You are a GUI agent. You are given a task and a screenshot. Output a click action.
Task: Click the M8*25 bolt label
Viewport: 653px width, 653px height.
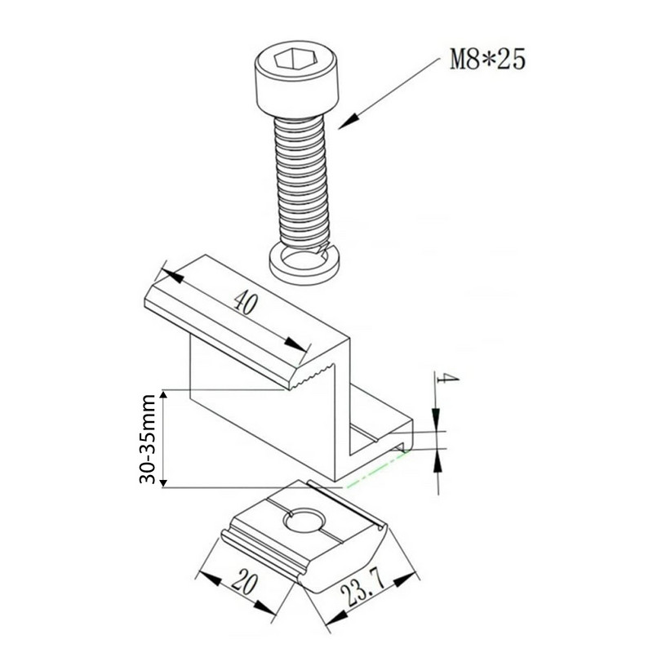[487, 60]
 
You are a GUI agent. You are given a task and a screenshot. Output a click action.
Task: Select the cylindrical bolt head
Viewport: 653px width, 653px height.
[297, 78]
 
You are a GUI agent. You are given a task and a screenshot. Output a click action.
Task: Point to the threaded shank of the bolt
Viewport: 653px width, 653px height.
[300, 183]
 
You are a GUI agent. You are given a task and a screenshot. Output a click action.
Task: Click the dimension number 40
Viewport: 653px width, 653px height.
[245, 303]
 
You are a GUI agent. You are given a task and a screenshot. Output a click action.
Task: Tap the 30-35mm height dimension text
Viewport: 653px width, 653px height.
[147, 439]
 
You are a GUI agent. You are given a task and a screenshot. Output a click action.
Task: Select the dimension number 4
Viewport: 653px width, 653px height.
[446, 379]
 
